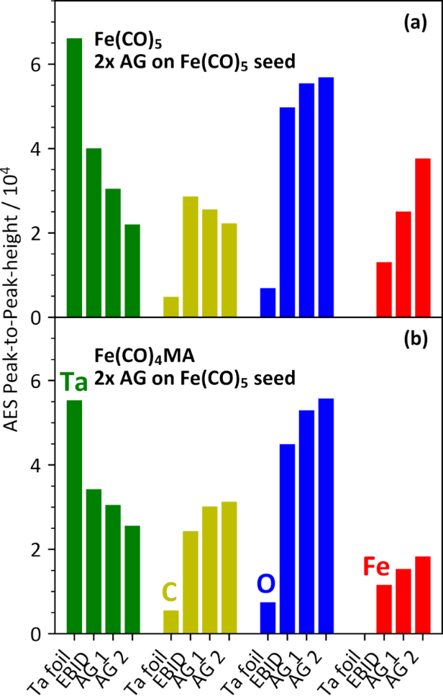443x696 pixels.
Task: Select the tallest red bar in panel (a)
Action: click(422, 238)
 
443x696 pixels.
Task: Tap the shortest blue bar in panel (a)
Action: click(268, 302)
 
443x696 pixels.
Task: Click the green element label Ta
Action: click(73, 382)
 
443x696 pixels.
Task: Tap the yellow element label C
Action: click(170, 592)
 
